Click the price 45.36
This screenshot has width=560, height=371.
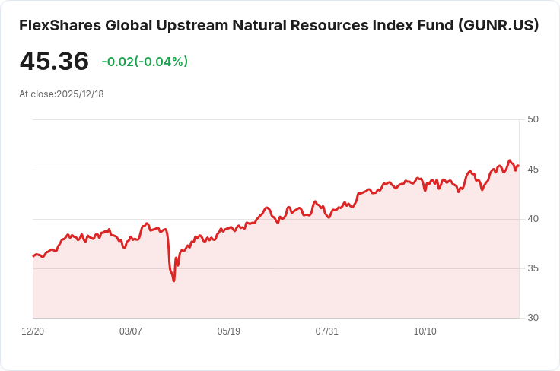54,62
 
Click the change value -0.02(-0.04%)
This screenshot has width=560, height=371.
145,62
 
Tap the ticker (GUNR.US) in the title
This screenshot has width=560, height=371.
498,25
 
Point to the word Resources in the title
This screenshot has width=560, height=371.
329,25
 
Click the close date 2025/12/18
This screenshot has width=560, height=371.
80,94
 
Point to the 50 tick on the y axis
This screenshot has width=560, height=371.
533,119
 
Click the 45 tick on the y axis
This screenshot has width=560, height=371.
533,169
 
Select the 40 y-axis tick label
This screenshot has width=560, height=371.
533,219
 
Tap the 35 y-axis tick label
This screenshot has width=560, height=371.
533,268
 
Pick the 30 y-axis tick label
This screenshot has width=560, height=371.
533,318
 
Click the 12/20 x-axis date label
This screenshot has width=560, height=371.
33,331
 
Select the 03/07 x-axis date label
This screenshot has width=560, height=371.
131,331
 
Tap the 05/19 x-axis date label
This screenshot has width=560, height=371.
229,331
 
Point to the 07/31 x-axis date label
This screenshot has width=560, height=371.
327,331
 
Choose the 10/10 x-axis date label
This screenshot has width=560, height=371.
425,331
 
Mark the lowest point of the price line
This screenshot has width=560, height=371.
174,281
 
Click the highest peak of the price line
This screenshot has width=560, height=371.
510,160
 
